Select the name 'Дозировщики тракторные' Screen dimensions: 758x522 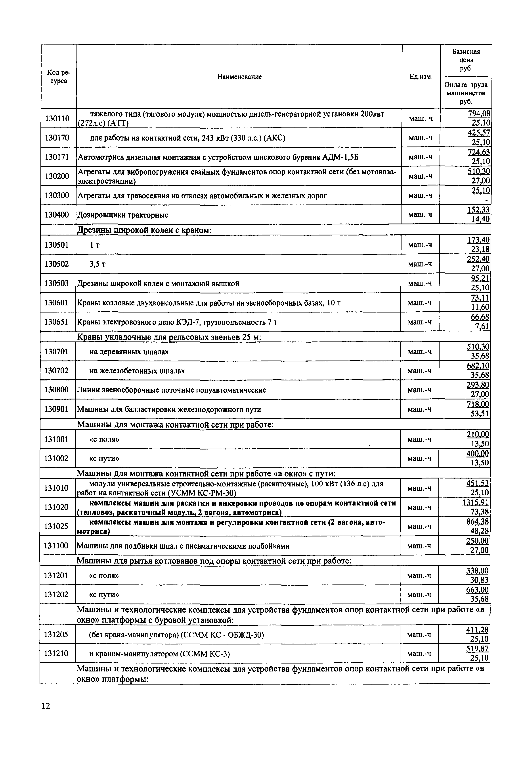click(x=123, y=215)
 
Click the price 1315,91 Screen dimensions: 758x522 click(x=476, y=502)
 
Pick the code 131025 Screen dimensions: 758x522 click(x=56, y=526)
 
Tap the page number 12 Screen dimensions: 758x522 click(x=46, y=706)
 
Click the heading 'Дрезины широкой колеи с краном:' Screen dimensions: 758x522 click(x=144, y=231)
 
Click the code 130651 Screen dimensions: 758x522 click(x=57, y=322)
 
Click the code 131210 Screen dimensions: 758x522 click(x=56, y=653)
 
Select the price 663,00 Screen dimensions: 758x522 click(x=478, y=590)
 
